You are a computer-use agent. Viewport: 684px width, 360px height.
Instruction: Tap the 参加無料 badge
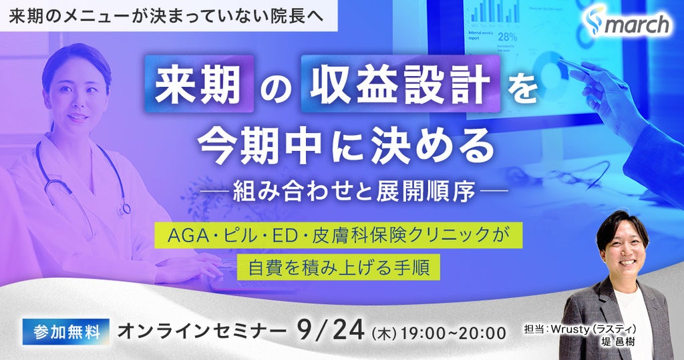tap(66, 332)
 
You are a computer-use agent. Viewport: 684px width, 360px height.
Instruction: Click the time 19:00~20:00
tap(454, 333)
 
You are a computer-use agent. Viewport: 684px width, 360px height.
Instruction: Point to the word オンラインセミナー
tap(202, 332)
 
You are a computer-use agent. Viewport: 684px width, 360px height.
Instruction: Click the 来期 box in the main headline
tap(199, 83)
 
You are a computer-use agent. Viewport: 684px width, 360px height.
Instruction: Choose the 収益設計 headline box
tap(400, 83)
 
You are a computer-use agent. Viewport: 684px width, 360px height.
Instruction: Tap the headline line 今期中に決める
tap(346, 147)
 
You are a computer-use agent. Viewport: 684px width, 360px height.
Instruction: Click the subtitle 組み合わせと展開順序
tap(354, 191)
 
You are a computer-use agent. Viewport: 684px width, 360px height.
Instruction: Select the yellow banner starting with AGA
tap(336, 236)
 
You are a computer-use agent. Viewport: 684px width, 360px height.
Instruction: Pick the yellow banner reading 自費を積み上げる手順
tap(338, 267)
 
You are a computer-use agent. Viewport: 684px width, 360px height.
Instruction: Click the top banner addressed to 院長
tap(169, 16)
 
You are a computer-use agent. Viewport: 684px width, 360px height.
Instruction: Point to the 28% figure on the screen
tap(508, 37)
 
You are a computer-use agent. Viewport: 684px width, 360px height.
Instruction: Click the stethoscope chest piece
tap(125, 208)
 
